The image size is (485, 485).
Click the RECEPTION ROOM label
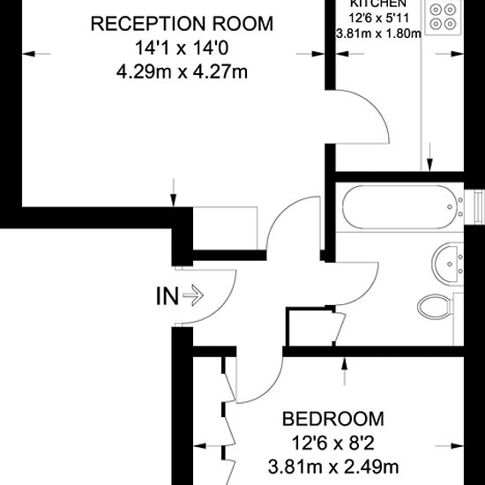[x=183, y=23]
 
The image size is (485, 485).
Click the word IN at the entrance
[x=167, y=297]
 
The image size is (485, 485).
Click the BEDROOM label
[x=332, y=419]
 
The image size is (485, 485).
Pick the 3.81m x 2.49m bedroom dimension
[x=333, y=466]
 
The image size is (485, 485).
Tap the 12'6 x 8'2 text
[x=333, y=443]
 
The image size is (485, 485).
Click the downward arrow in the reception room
[x=175, y=190]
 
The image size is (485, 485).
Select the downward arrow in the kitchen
[x=430, y=159]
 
